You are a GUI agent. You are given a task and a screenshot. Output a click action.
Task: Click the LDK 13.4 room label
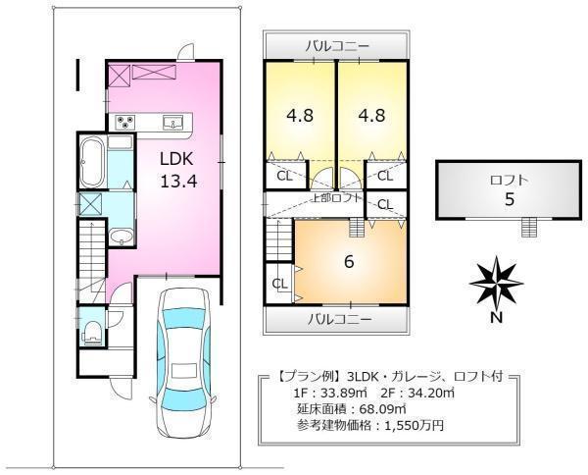click(x=177, y=170)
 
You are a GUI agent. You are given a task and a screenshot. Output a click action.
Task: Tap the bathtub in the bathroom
click(x=92, y=162)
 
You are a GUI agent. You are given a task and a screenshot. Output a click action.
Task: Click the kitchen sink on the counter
click(x=172, y=122)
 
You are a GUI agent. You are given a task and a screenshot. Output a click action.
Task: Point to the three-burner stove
click(x=124, y=122)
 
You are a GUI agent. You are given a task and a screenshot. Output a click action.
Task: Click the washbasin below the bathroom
click(x=122, y=237)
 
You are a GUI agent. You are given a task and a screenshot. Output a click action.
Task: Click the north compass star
click(x=496, y=282)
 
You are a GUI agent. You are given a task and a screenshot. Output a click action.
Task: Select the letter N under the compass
click(x=497, y=318)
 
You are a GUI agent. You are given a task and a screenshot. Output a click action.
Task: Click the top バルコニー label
click(x=337, y=46)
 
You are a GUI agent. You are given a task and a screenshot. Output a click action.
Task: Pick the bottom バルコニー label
click(x=340, y=320)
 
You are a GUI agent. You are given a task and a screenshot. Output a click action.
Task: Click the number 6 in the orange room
click(x=349, y=262)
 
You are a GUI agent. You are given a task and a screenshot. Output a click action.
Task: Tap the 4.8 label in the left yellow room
click(x=300, y=115)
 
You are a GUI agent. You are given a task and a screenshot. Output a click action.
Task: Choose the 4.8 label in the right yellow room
click(x=371, y=115)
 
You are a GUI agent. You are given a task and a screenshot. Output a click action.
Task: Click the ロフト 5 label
click(x=509, y=190)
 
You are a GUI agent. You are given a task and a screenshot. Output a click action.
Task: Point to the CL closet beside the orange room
click(x=279, y=284)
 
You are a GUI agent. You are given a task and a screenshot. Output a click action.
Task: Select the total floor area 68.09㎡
click(x=382, y=409)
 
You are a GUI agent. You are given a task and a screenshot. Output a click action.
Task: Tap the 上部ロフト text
click(x=337, y=198)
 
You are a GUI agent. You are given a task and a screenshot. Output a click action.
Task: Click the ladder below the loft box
click(x=529, y=228)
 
